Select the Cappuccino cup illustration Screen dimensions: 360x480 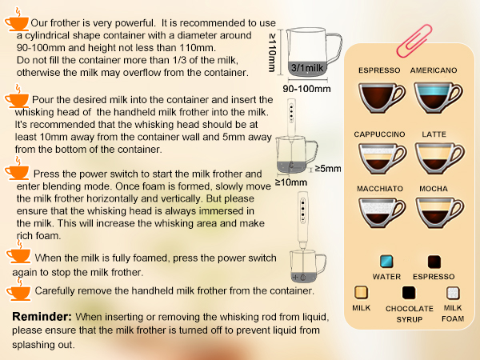click(x=379, y=158)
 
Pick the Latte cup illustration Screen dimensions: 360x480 click(x=434, y=158)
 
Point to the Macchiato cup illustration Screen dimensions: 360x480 click(x=379, y=215)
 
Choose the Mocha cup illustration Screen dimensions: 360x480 click(x=434, y=215)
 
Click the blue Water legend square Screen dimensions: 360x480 click(x=387, y=262)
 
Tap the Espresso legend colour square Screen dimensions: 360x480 click(x=434, y=262)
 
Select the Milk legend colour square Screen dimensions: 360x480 click(x=362, y=294)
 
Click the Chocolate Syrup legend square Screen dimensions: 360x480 click(x=410, y=294)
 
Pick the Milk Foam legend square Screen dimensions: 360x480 click(x=453, y=294)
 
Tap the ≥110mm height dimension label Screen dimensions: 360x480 click(x=272, y=52)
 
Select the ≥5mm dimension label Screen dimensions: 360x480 click(x=327, y=169)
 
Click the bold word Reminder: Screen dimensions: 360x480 click(x=42, y=318)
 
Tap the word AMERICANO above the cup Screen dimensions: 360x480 click(x=434, y=70)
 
